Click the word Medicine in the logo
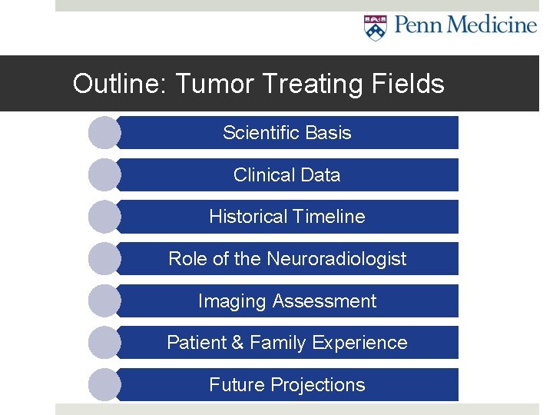point(492,25)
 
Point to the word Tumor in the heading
point(211,84)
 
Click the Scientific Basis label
point(286,133)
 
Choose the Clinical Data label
point(286,175)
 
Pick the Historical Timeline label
point(286,217)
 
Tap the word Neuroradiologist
point(336,259)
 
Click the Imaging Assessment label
point(286,301)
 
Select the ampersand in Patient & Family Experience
point(236,343)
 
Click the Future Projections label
point(286,385)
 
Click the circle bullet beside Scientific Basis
point(104,133)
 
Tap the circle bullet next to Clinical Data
point(104,175)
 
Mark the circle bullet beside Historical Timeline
point(104,217)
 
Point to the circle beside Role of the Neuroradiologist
point(104,259)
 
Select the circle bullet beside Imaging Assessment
point(104,301)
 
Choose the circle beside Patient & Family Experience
point(104,343)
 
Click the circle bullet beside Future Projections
point(104,385)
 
